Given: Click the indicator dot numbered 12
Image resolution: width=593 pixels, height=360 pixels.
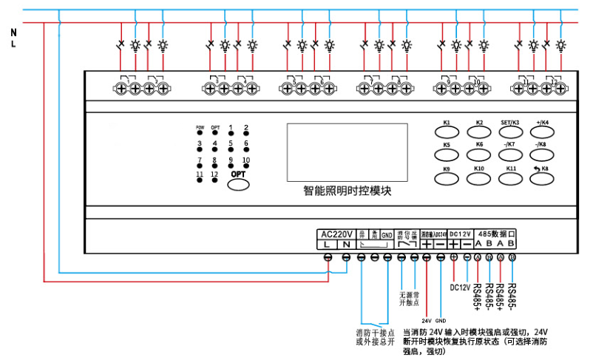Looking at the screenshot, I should click(215, 180).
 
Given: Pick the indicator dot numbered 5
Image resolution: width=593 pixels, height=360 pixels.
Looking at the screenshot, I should click(231, 150).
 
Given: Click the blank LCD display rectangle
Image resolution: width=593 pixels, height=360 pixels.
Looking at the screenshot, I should click(347, 152).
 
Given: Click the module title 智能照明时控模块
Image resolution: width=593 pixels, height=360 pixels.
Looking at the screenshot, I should click(347, 191).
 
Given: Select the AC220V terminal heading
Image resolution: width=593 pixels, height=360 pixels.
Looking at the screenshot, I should click(337, 234).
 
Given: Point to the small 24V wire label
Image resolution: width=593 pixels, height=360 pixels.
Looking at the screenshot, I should click(427, 321).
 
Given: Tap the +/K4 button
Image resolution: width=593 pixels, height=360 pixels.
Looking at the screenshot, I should click(543, 132).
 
